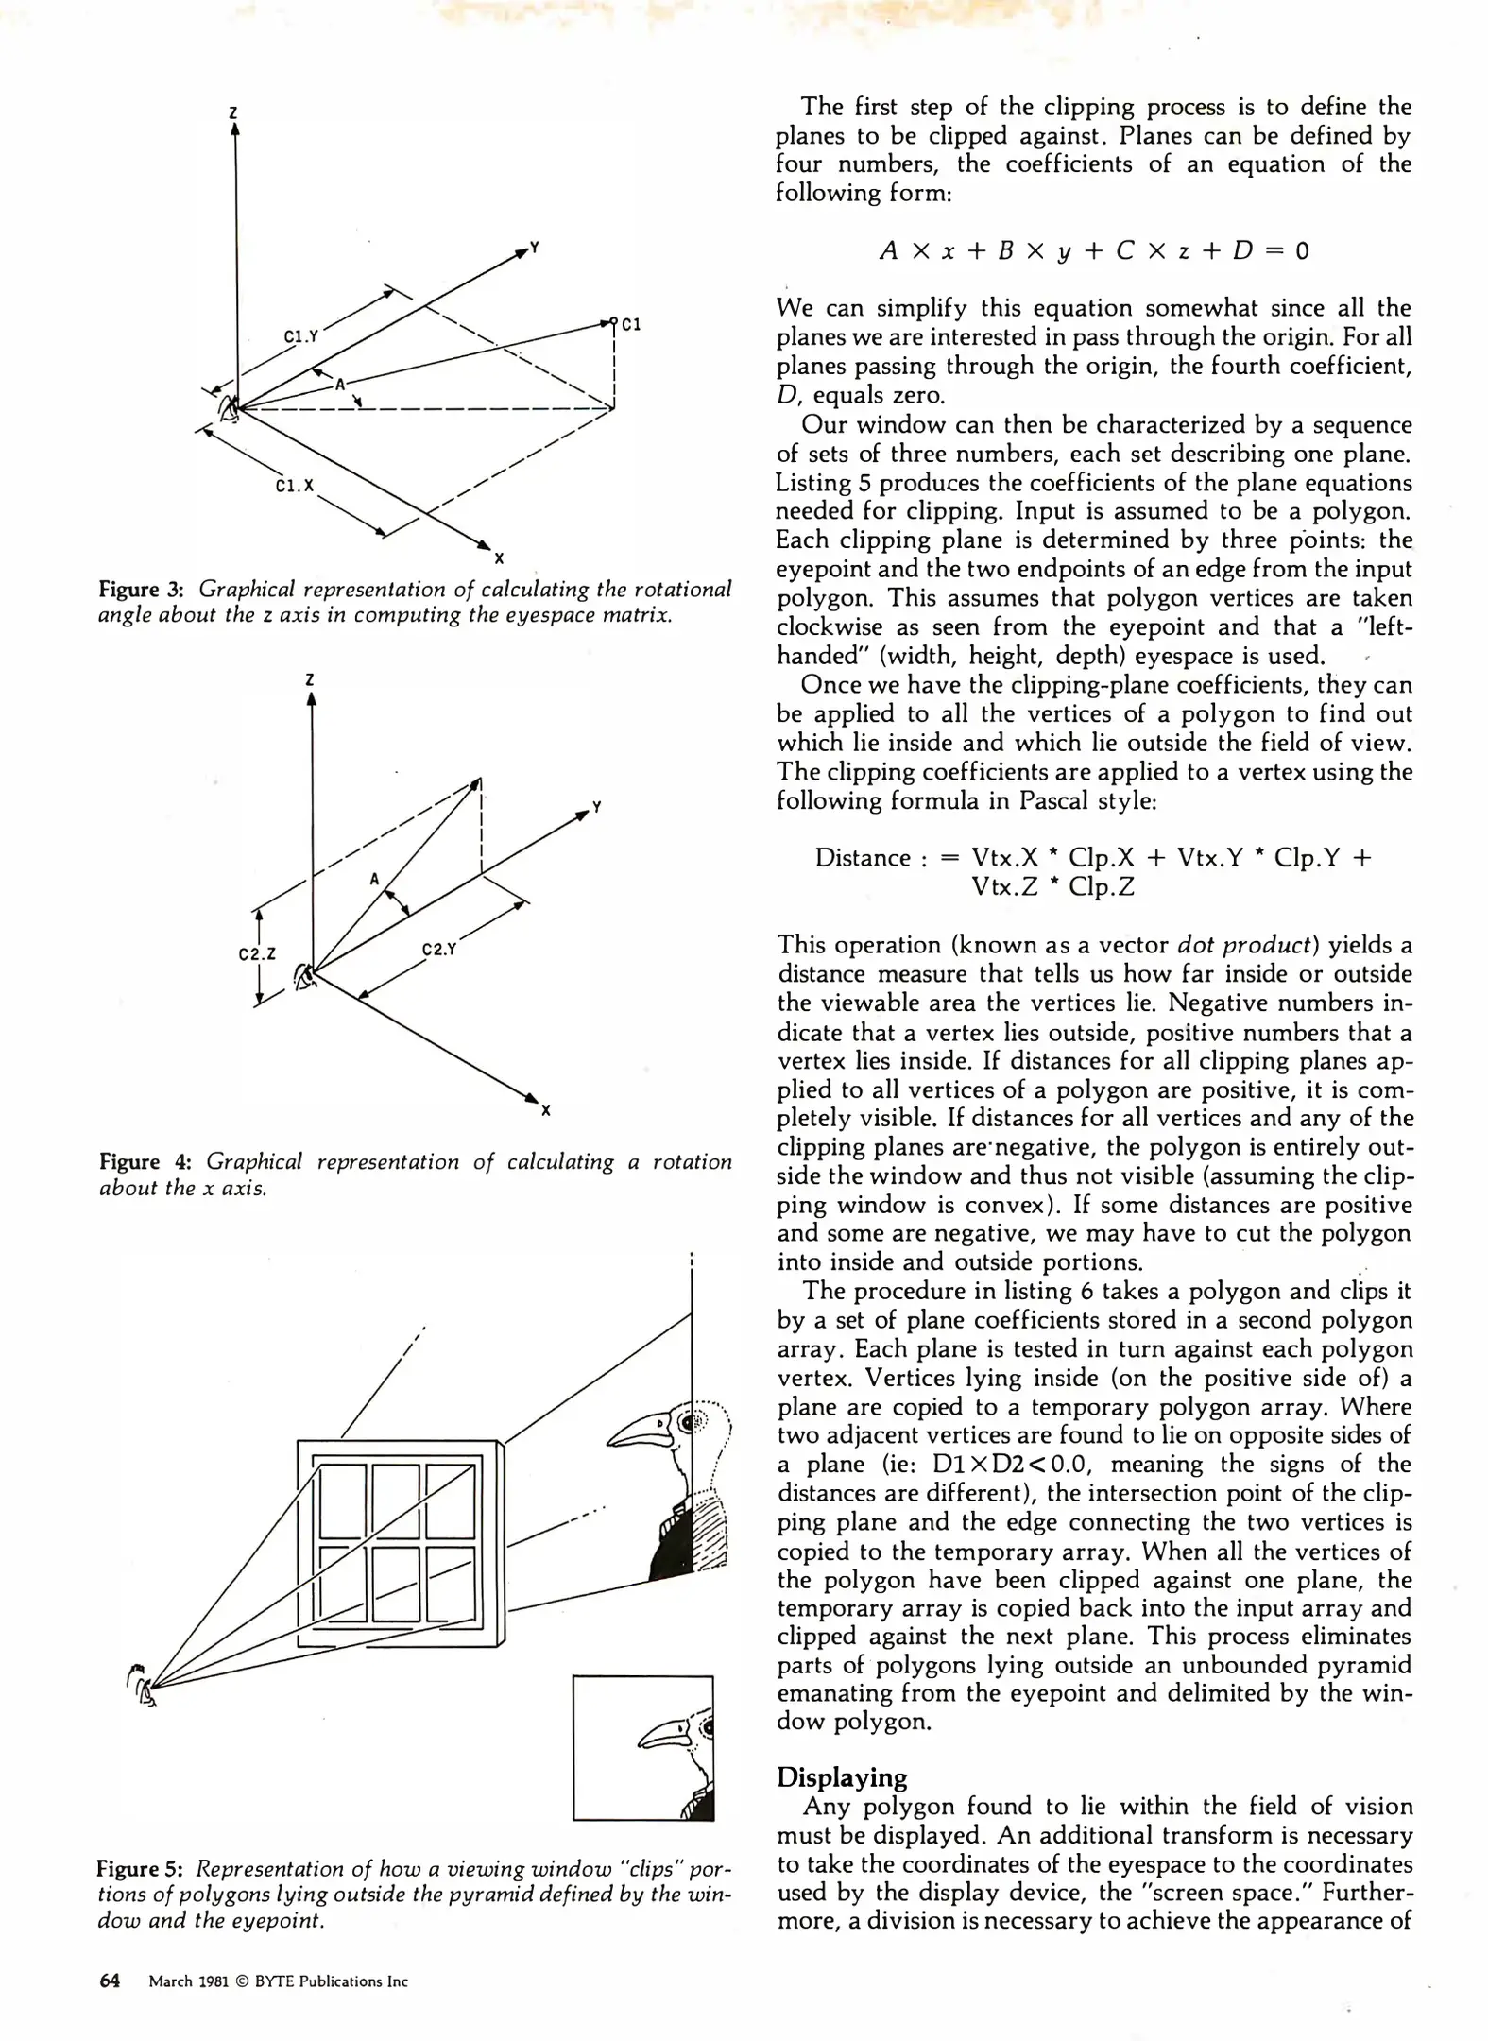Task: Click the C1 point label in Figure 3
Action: coord(631,324)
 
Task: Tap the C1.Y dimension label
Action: coord(301,336)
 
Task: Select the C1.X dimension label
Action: coord(294,486)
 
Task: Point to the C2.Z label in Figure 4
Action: coord(257,953)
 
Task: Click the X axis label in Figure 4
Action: coord(545,1110)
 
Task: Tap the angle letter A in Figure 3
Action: coord(340,384)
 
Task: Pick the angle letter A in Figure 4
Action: coord(374,879)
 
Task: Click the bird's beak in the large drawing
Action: coord(639,1432)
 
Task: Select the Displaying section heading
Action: coord(841,1777)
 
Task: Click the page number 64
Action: coord(110,1981)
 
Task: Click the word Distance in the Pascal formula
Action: coord(863,858)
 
